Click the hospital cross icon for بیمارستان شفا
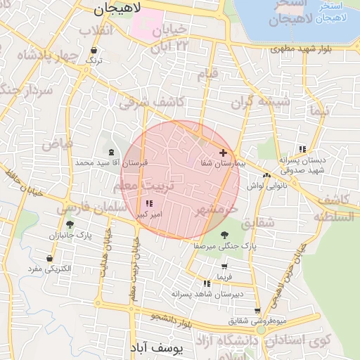[224, 153]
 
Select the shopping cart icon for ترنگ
[94, 51]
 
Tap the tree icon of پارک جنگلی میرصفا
[224, 236]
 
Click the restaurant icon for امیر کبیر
[148, 204]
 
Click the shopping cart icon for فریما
[224, 267]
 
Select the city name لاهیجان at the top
[117, 8]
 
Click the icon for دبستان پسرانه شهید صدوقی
[302, 149]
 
